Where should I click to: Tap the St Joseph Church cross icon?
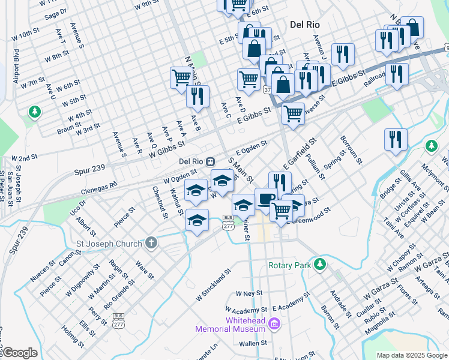pos(151,244)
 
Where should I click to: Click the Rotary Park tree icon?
pos(321,263)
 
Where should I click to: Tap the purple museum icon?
pos(275,325)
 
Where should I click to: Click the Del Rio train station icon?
pos(211,161)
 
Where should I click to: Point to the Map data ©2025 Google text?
pos(411,355)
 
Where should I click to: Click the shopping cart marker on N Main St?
pos(181,77)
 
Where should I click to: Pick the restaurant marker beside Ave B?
pos(197,95)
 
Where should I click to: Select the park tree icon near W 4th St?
pos(35,112)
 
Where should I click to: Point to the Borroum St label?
pos(351,149)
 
